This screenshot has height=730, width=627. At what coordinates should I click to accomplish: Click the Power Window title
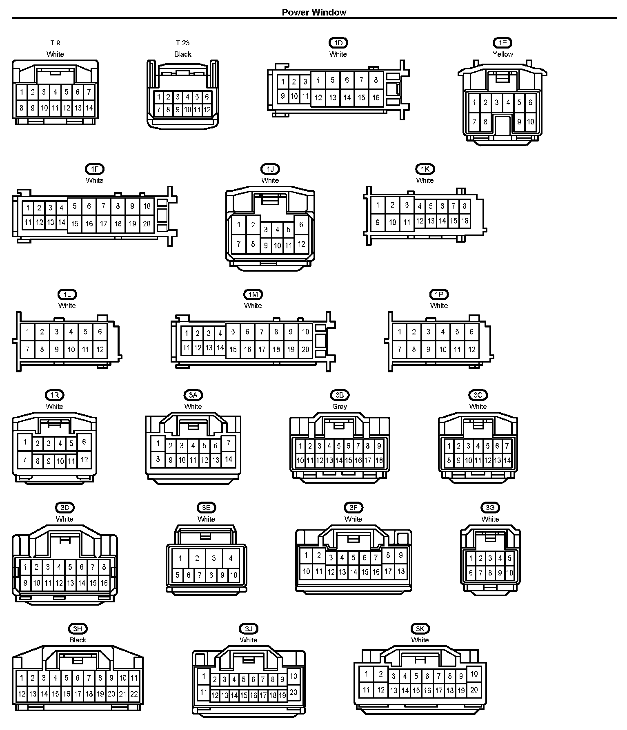click(x=313, y=12)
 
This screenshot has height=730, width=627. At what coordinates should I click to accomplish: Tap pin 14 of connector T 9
click(x=89, y=108)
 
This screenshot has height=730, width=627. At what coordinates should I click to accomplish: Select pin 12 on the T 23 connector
click(x=207, y=109)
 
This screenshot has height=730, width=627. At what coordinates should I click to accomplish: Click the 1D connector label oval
click(x=338, y=43)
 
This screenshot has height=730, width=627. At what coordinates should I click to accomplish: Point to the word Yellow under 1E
click(x=502, y=54)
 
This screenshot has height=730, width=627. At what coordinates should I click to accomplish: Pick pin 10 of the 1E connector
click(x=530, y=122)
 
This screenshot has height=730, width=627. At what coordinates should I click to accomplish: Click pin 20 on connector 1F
click(x=147, y=223)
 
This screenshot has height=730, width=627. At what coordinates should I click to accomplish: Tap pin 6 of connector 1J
click(x=301, y=225)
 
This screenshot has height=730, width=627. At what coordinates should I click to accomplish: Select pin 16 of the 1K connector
click(x=465, y=221)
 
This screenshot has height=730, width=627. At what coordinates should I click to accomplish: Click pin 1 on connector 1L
click(x=28, y=332)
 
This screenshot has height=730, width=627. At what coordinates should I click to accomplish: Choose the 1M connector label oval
click(x=253, y=294)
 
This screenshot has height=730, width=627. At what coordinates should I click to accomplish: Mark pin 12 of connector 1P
click(x=471, y=350)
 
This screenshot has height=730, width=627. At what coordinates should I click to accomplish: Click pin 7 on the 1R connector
click(x=25, y=460)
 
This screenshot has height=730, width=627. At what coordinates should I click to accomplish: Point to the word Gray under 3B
click(x=340, y=407)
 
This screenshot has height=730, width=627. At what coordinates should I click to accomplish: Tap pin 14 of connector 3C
click(x=507, y=460)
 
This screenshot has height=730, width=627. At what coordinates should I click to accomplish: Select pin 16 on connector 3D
click(x=104, y=583)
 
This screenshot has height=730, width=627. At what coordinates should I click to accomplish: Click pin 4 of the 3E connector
click(x=231, y=558)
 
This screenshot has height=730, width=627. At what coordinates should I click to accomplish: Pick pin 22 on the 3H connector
click(x=134, y=693)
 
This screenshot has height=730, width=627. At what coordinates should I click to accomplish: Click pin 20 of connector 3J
click(x=293, y=692)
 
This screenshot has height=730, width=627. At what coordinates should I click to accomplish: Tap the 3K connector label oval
click(x=420, y=629)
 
